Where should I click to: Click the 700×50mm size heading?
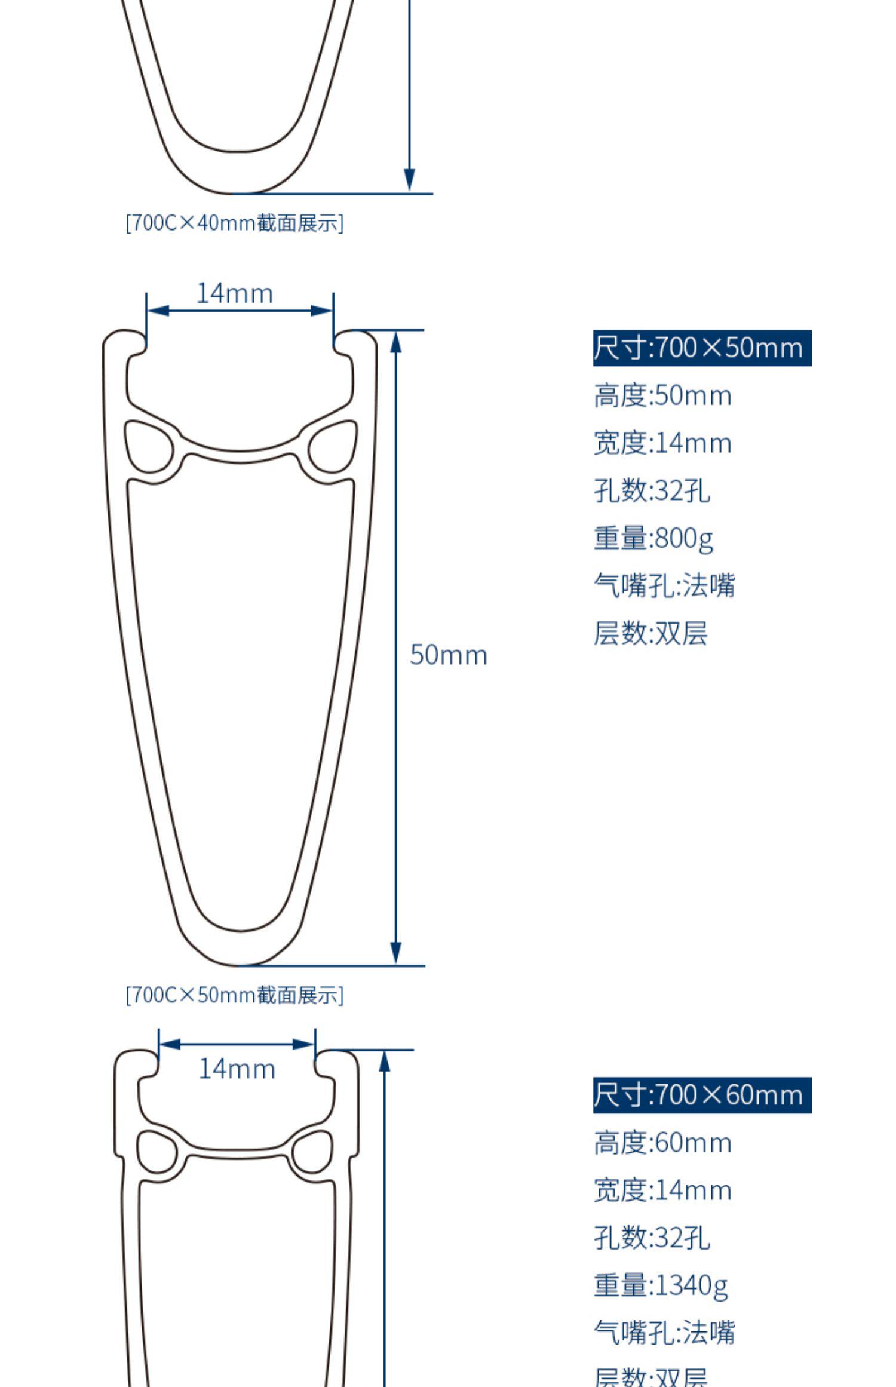(x=701, y=348)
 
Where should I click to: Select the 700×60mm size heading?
(x=701, y=1095)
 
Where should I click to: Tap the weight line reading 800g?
(x=653, y=538)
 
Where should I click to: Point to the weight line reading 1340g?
(x=661, y=1285)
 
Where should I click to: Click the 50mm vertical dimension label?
(x=449, y=655)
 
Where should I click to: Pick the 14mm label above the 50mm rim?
(x=235, y=293)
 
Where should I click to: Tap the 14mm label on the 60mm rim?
(x=237, y=1069)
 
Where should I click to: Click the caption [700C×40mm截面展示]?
(x=235, y=223)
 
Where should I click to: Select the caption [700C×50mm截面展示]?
(x=235, y=995)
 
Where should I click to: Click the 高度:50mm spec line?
(x=662, y=395)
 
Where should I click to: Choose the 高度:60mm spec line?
(x=662, y=1143)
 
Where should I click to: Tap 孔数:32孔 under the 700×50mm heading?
(x=652, y=490)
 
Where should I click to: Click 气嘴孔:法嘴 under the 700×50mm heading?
(x=664, y=585)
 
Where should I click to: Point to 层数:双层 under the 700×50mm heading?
(x=650, y=633)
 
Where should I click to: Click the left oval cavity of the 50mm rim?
(x=148, y=446)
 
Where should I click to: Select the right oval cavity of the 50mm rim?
(x=333, y=446)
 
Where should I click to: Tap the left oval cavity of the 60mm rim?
(x=157, y=1151)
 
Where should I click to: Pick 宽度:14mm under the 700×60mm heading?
(x=662, y=1190)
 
